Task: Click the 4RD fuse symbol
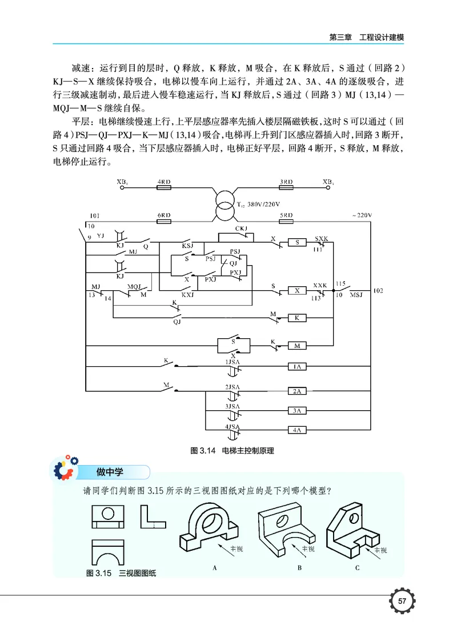coord(164,187)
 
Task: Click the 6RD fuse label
coord(164,215)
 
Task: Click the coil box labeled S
coord(297,242)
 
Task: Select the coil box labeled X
coord(297,290)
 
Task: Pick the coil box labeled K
coord(297,318)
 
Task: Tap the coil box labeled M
coord(297,346)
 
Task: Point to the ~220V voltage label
coord(361,215)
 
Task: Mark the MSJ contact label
coord(356,295)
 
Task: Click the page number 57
coord(402,601)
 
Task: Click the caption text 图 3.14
coord(201,451)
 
